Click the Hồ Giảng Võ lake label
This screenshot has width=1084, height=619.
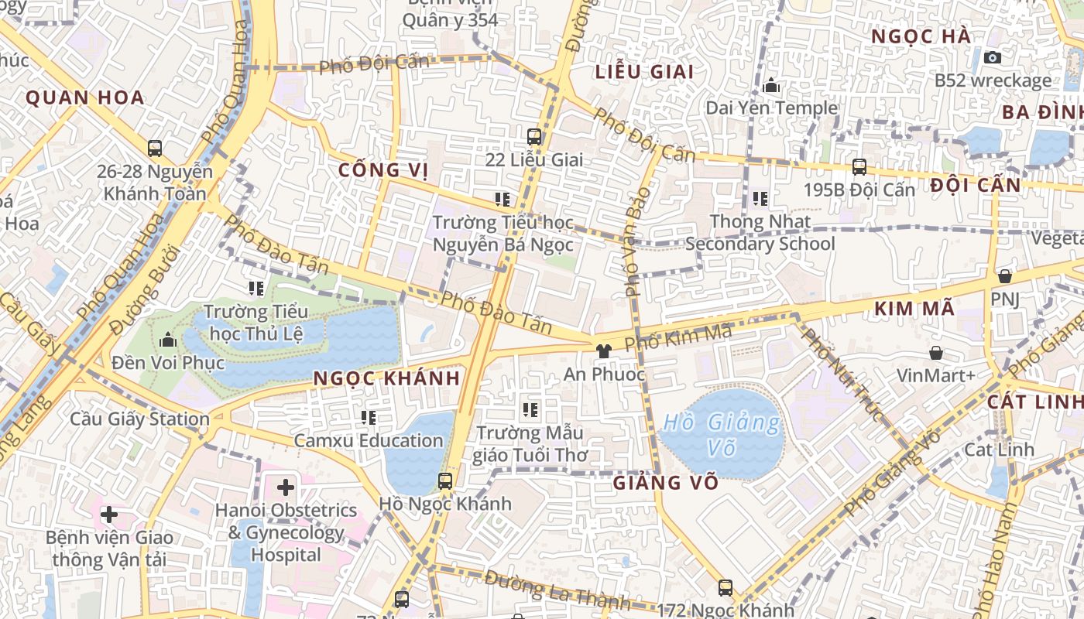click(722, 435)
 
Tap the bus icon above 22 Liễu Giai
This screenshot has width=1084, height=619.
click(534, 137)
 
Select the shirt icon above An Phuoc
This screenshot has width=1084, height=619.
click(604, 351)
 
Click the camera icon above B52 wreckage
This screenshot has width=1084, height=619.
click(992, 57)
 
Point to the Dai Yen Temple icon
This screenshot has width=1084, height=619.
click(771, 85)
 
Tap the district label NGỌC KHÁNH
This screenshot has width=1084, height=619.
click(387, 378)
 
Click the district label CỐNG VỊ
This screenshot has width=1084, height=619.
click(383, 170)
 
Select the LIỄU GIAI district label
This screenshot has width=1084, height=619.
click(644, 72)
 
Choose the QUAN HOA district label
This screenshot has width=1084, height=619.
click(85, 97)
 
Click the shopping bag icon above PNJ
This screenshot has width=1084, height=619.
click(1005, 276)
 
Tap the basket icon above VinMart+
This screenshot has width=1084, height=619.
click(936, 353)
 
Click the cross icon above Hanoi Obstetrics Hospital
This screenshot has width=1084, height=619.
click(286, 487)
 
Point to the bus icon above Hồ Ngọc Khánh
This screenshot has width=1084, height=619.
click(445, 480)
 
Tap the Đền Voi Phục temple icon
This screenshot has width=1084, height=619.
click(168, 340)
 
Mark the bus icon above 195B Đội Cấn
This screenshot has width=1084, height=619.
click(859, 166)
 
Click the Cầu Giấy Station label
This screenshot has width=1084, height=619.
click(140, 419)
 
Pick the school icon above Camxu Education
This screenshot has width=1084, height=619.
click(369, 418)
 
